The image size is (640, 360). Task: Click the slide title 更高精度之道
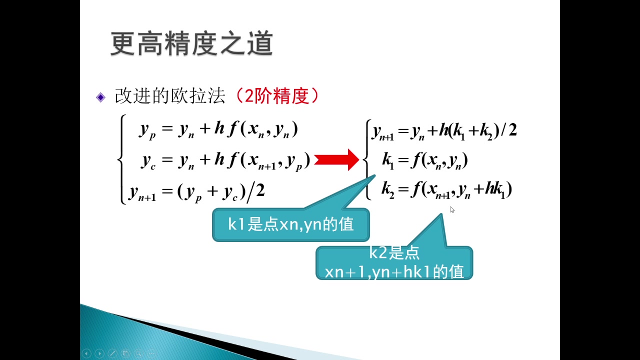191,43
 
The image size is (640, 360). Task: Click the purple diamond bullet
100,97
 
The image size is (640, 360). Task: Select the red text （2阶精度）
276,95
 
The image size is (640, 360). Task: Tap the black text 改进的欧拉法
170,95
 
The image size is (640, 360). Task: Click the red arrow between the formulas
336,159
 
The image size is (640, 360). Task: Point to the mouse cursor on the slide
451,209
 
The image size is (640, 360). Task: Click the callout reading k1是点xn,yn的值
291,224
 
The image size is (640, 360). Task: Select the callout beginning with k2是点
394,263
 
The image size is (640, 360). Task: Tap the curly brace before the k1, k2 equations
367,159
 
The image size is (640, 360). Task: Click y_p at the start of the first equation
147,130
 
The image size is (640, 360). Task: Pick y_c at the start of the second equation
148,161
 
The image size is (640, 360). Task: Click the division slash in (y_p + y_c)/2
250,193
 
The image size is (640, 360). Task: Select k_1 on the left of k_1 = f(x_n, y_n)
388,161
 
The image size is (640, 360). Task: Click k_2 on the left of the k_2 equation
387,190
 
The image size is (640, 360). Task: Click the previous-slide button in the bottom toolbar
86,353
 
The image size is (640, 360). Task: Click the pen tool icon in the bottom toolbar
112,353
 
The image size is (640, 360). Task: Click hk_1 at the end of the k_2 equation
495,189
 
